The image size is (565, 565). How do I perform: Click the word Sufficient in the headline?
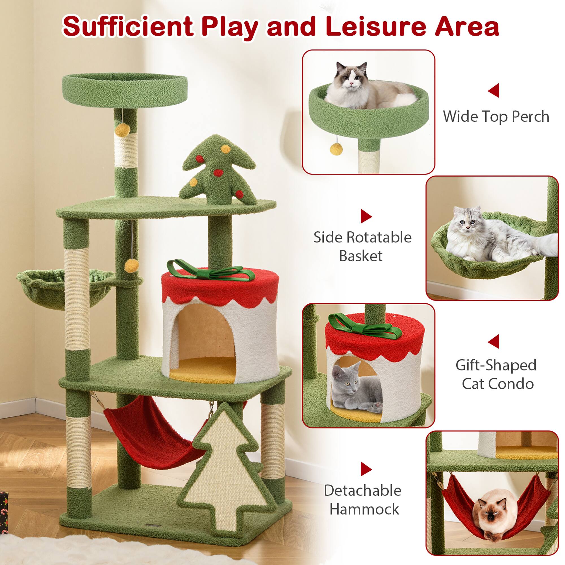coord(128,27)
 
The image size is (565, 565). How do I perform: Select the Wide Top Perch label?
coord(496,116)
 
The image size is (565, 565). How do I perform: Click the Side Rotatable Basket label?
coord(362,247)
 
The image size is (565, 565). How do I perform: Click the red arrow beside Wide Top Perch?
coord(494,90)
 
